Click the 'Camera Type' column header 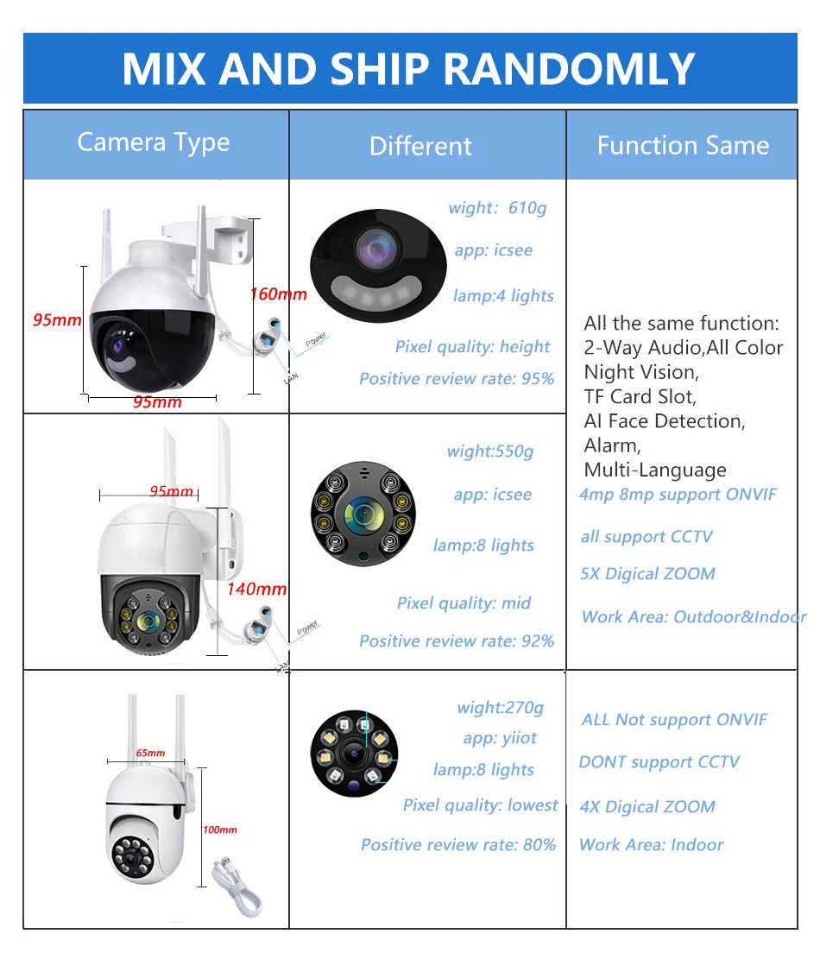click(154, 142)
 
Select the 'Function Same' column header click(682, 145)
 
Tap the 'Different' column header click(420, 146)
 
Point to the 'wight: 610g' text click(497, 208)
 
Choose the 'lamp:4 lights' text click(503, 295)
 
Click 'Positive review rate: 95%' click(457, 378)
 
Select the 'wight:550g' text click(490, 451)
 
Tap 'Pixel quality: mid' click(464, 603)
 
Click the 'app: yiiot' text click(500, 737)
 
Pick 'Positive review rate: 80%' click(458, 844)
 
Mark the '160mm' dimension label click(278, 293)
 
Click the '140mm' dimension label click(257, 590)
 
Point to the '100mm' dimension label click(219, 830)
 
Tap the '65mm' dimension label click(150, 753)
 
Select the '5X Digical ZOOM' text click(647, 574)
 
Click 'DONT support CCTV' click(659, 762)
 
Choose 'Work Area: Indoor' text click(651, 844)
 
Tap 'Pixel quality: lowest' click(480, 805)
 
